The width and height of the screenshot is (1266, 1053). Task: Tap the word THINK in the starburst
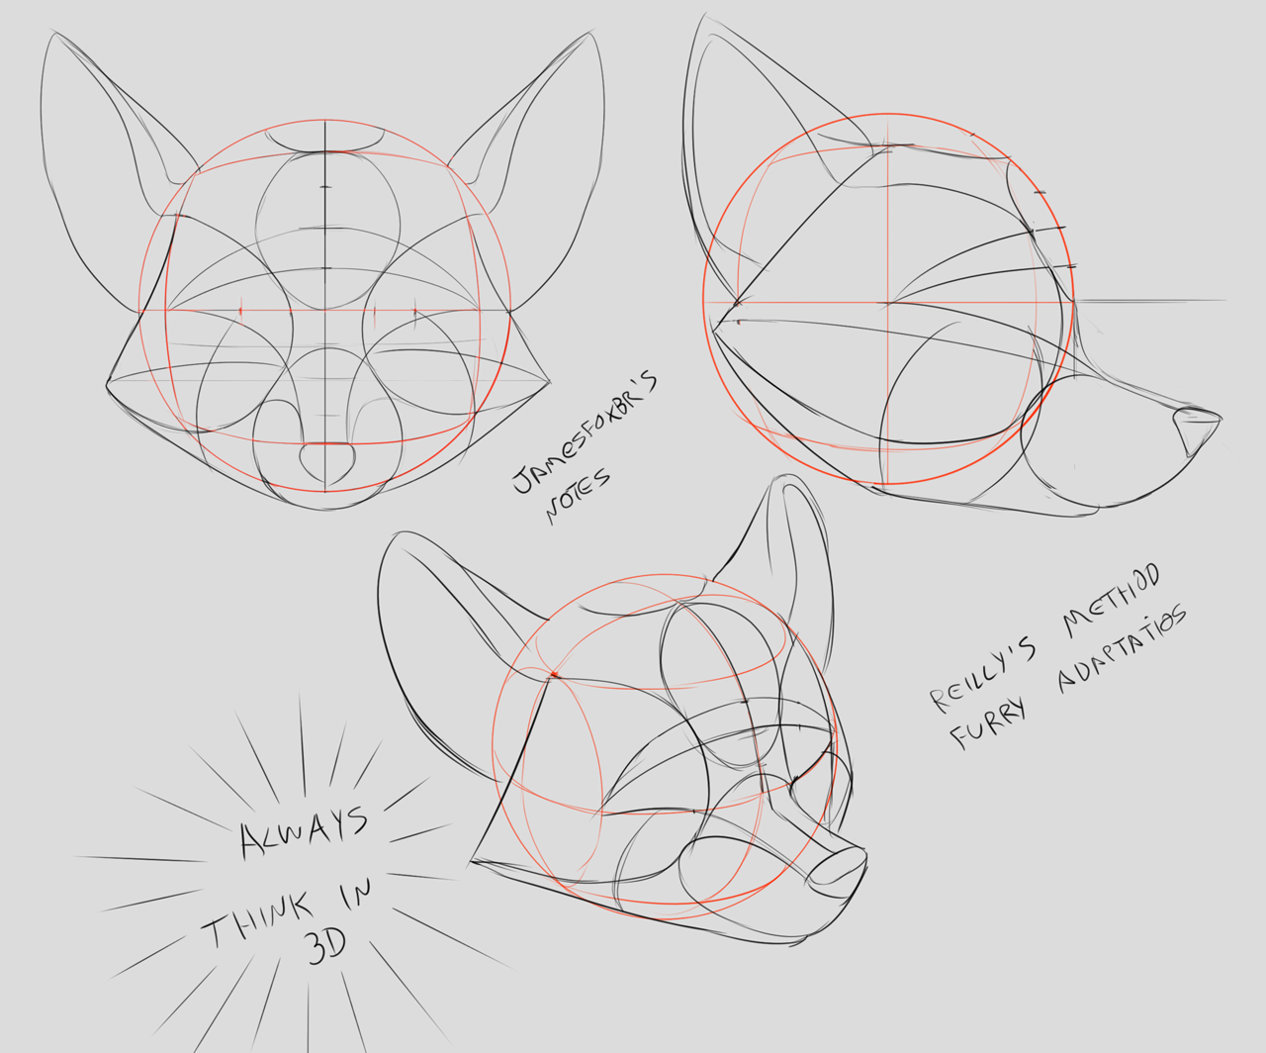258,920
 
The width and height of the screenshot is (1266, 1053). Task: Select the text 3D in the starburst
326,947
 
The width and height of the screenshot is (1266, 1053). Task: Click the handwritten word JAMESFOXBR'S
585,431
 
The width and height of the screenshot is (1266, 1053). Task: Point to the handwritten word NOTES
578,495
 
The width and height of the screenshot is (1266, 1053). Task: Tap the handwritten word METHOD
1112,599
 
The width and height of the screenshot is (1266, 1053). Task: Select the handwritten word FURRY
987,723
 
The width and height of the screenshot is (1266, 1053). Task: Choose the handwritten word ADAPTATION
1122,648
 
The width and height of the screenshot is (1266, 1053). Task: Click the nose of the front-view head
327,462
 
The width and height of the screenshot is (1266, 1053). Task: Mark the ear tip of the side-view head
705,15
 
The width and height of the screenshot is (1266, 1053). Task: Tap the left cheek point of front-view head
107,384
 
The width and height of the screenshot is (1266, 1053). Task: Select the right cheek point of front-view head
549,382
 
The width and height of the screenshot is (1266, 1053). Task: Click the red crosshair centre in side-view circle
887,302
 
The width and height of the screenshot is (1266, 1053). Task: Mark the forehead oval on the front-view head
327,231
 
